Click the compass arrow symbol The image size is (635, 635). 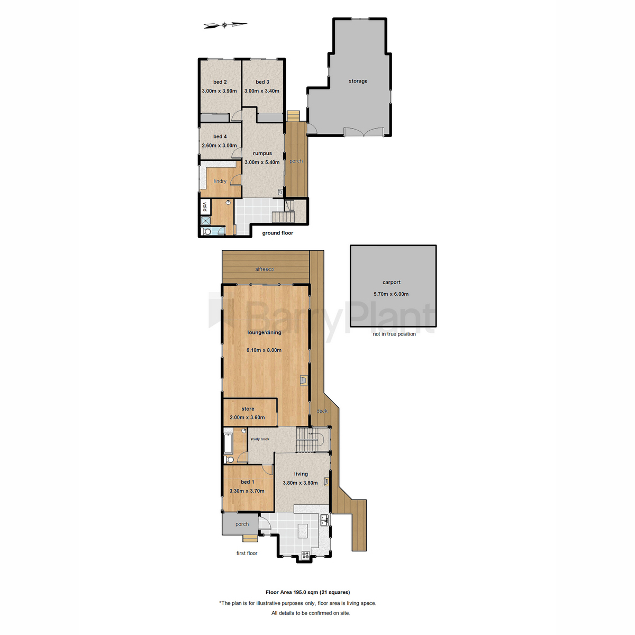point(225,25)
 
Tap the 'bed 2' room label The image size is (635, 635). point(220,82)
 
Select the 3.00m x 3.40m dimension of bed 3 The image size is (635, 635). point(262,91)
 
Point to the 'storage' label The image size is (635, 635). point(358,81)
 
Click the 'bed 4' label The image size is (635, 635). point(220,137)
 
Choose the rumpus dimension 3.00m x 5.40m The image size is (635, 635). point(262,162)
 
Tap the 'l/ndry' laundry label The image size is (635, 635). point(220,182)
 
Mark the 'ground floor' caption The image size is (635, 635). point(278,233)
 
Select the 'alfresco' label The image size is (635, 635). point(265,269)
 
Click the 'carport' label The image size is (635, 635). point(392,283)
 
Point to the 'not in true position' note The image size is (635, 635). point(394,334)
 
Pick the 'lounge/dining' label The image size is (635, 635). point(265,333)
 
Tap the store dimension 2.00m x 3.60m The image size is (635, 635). point(247,418)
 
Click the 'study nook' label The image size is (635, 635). point(260,439)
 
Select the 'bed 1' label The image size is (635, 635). point(248,482)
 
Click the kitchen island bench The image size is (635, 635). point(303,531)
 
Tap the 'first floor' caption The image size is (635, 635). point(247,554)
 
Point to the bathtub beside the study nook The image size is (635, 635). point(229,443)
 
